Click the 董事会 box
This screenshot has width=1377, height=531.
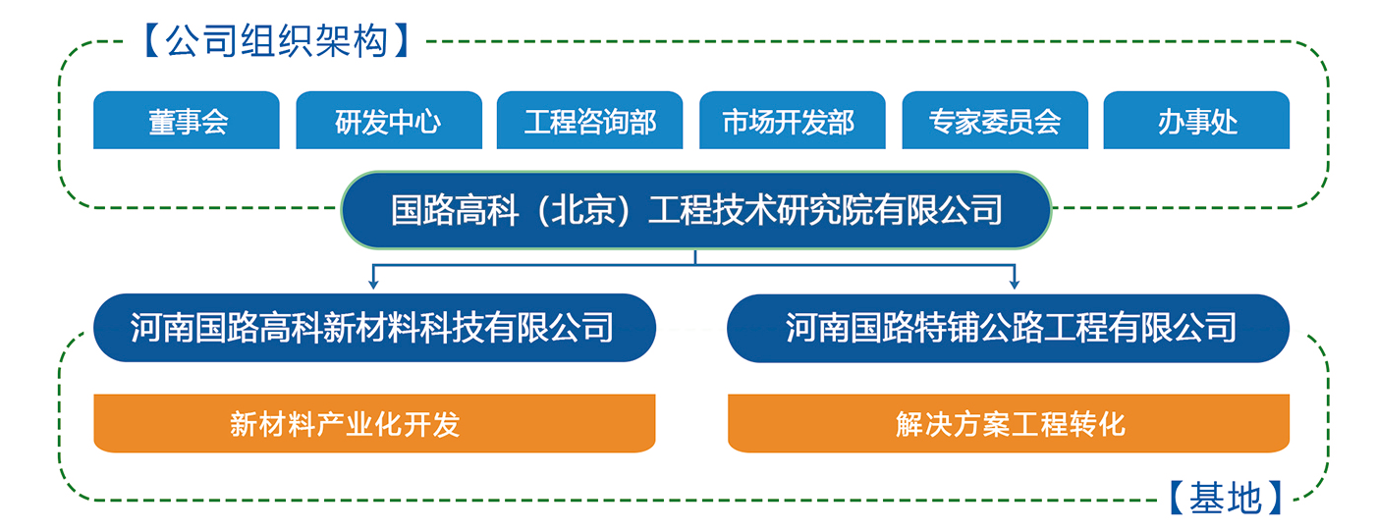187,120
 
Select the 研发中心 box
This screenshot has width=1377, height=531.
389,120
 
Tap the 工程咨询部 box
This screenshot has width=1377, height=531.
589,120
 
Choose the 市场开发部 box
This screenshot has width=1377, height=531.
793,120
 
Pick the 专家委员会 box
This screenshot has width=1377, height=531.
995,120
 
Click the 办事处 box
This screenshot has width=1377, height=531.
1196,120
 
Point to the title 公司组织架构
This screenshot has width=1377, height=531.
277,41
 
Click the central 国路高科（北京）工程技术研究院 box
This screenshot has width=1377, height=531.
696,210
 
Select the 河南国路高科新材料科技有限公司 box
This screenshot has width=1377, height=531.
374,328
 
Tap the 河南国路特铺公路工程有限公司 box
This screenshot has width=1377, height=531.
1008,328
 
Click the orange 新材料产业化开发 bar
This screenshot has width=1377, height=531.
374,423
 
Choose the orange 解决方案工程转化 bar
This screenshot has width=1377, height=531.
1009,423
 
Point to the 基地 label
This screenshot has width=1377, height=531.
1225,498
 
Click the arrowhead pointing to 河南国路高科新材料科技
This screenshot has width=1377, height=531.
373,284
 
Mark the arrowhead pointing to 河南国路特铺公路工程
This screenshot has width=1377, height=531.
1015,284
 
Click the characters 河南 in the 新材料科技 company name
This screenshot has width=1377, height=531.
162,328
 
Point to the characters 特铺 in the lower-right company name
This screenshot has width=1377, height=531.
947,328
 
